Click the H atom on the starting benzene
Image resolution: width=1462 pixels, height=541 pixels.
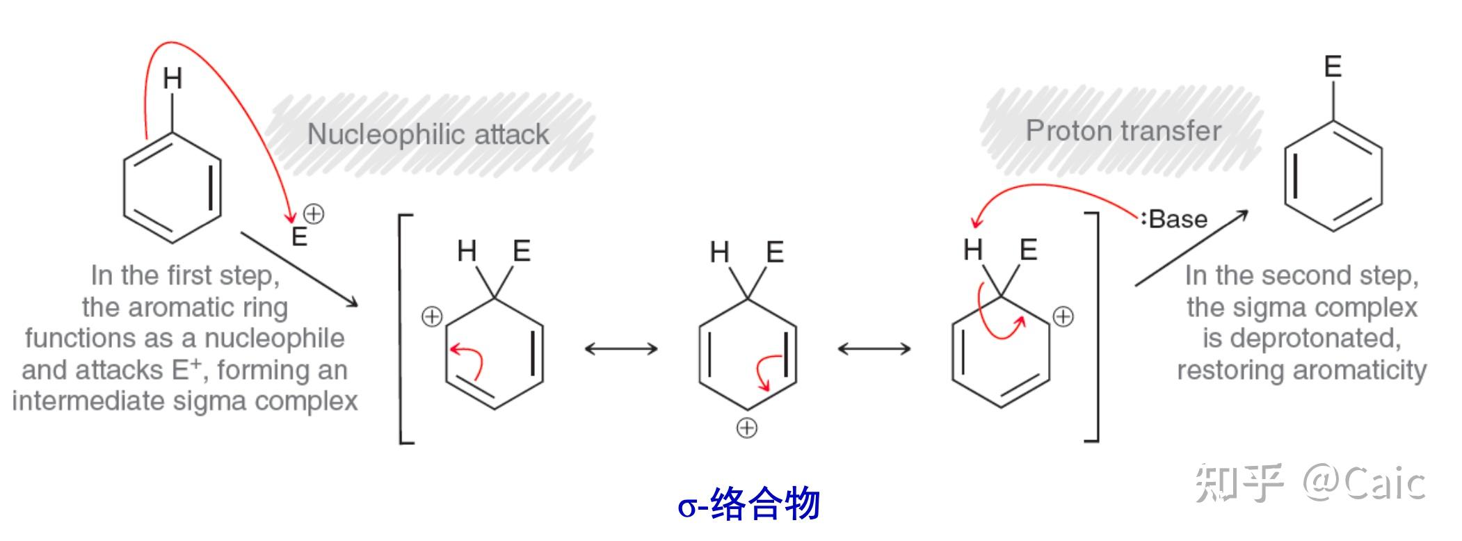point(172,79)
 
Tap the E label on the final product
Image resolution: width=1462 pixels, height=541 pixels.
point(1332,67)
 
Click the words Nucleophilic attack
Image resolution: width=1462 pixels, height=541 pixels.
point(428,134)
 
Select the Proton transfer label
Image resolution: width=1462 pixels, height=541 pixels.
point(1123,131)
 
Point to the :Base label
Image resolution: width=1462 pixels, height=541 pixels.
point(1175,219)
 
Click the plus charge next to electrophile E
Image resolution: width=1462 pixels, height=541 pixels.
point(314,213)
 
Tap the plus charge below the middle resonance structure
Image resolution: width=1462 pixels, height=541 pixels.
point(746,428)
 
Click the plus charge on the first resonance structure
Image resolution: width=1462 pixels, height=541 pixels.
point(432,317)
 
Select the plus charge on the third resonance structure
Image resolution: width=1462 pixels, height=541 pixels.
point(1063,317)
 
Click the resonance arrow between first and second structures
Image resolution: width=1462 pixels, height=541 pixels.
point(621,348)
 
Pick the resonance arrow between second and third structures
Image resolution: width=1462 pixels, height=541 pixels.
point(874,348)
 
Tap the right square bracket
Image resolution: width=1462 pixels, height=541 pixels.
point(1094,327)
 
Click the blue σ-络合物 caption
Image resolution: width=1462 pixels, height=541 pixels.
point(748,504)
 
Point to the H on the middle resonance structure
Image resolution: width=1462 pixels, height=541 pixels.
point(719,252)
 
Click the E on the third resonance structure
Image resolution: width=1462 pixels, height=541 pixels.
point(1028,250)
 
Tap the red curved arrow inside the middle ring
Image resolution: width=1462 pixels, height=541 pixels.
point(767,371)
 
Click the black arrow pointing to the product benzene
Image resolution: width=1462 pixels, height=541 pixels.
point(1191,248)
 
